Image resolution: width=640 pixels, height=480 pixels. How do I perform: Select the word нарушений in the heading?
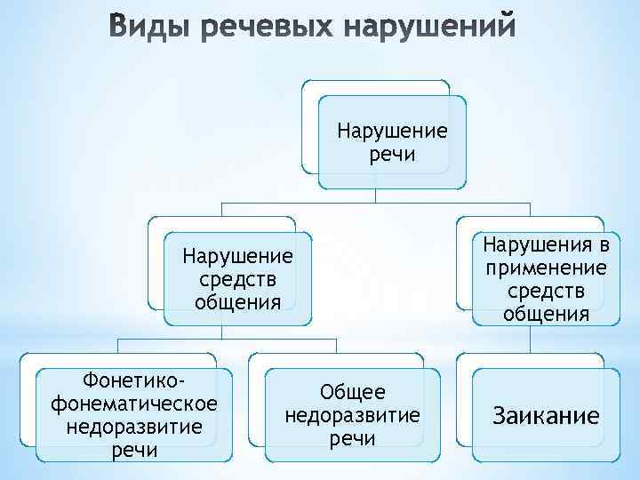click(x=428, y=30)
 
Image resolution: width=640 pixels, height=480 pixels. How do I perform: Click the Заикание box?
click(x=547, y=416)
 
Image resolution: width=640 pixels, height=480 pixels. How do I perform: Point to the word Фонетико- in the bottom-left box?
click(x=134, y=380)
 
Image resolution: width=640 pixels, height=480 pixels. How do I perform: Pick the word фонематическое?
click(x=135, y=404)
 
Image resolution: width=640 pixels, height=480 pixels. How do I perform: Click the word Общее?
click(x=352, y=392)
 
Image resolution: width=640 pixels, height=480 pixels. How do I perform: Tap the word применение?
click(x=547, y=268)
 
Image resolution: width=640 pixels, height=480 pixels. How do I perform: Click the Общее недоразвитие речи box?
click(x=352, y=416)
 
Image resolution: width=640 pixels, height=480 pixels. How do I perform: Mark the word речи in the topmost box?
click(x=392, y=156)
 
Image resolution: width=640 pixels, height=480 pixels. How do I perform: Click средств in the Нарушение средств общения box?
click(x=237, y=279)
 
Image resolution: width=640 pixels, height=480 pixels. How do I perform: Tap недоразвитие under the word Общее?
click(x=352, y=415)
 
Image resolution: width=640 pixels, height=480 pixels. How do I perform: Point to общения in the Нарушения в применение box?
click(x=547, y=314)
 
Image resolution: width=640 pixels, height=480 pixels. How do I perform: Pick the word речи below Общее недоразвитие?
click(x=352, y=439)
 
